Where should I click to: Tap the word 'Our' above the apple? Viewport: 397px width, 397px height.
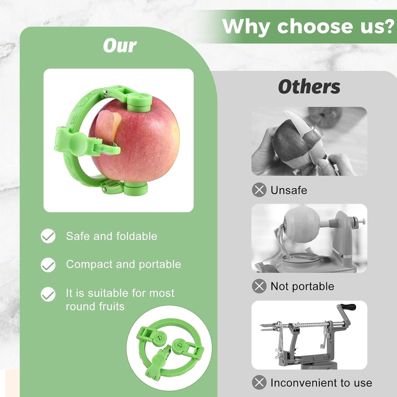120,46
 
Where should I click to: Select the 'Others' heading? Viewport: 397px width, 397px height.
309,87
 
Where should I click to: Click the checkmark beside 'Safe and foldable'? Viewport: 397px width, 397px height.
48,236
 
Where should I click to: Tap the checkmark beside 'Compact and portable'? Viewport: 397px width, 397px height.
48,265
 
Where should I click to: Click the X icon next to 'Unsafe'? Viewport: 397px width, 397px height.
259,190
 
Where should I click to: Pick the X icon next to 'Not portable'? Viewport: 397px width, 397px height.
259,286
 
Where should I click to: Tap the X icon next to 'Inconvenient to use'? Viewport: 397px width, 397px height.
259,382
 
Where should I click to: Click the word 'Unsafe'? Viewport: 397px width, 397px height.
289,190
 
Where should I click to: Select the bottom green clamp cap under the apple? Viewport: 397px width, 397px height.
136,188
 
